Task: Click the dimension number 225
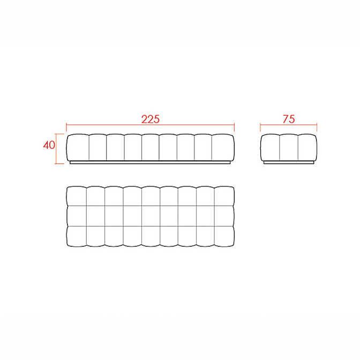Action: [151, 119]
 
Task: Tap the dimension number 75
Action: [289, 119]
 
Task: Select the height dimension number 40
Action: [49, 145]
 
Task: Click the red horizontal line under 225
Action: [151, 125]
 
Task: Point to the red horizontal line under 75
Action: [289, 125]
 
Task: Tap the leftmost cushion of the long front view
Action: [78, 147]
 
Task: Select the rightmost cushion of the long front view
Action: [223, 147]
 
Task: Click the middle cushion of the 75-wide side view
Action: [289, 147]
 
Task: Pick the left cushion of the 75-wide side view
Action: [270, 147]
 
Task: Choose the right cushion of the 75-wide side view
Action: [307, 147]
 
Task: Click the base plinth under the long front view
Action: [150, 162]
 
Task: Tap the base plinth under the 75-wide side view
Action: [289, 162]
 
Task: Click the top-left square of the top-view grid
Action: [77, 196]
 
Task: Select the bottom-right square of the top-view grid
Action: [224, 236]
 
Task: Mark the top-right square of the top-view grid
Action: [224, 196]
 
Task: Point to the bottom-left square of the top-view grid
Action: [77, 236]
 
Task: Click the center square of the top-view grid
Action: [151, 216]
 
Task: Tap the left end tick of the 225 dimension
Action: [66, 127]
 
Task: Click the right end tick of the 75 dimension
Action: [317, 127]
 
